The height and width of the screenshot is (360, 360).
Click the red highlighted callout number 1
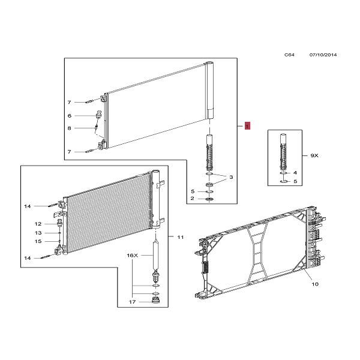(247, 126)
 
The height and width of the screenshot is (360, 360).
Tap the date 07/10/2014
(323, 55)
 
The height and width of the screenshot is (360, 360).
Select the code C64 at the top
(289, 55)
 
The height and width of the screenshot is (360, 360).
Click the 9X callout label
(314, 155)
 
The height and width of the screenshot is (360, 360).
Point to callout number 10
(315, 284)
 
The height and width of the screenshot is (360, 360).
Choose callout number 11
(181, 237)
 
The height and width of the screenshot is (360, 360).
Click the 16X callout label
(133, 256)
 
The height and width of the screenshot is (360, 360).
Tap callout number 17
(132, 302)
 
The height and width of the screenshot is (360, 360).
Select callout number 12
(38, 224)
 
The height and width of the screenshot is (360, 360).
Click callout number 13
(38, 233)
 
